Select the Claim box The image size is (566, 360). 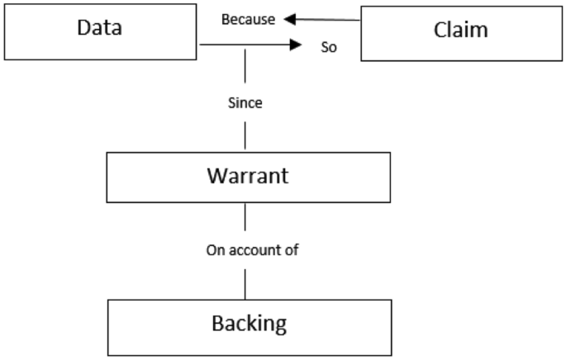pyautogui.click(x=460, y=31)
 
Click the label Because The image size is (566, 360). pyautogui.click(x=248, y=19)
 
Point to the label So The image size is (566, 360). pyautogui.click(x=328, y=48)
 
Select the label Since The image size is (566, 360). pyautogui.click(x=245, y=104)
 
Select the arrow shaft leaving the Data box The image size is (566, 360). pyautogui.click(x=240, y=48)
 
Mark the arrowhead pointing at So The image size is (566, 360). pyautogui.click(x=295, y=48)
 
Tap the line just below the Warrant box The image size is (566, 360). pyautogui.click(x=245, y=218)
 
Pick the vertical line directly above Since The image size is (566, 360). pyautogui.click(x=245, y=70)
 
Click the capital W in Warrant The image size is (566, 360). pyautogui.click(x=213, y=177)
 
